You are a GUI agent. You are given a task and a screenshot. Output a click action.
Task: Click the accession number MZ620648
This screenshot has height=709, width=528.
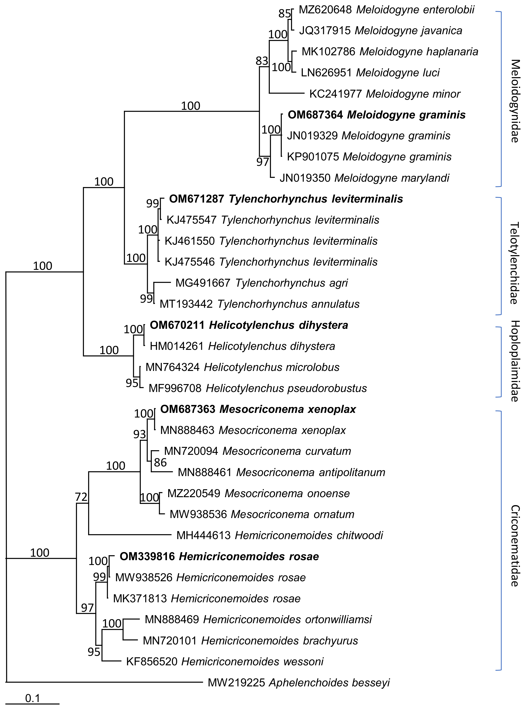click(x=325, y=10)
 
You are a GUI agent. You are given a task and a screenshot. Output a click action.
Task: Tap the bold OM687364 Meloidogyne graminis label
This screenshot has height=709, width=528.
click(x=376, y=115)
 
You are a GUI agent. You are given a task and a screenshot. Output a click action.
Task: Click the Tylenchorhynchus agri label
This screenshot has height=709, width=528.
click(x=261, y=283)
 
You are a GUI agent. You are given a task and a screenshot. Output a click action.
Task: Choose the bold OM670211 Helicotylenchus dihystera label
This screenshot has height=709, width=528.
click(x=249, y=325)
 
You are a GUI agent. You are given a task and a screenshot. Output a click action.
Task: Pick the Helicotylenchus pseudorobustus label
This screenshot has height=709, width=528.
click(x=258, y=388)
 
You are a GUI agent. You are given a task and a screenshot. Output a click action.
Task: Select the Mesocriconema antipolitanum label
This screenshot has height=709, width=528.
click(x=281, y=472)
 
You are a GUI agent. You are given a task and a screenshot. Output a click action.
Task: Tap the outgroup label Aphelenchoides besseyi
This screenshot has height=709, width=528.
click(x=299, y=683)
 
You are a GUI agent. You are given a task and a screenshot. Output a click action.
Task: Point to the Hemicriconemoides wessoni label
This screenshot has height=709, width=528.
click(x=225, y=662)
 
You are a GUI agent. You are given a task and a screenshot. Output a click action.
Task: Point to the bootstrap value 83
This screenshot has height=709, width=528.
click(x=262, y=61)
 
